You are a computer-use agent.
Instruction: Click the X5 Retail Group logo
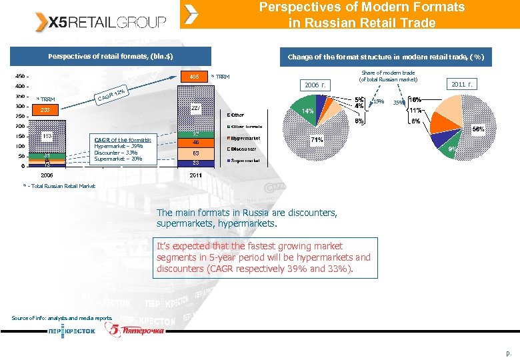[101, 23]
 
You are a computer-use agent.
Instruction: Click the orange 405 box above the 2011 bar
[194, 77]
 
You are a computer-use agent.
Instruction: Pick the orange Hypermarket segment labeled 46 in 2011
[195, 142]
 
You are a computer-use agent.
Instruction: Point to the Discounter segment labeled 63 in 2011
[195, 153]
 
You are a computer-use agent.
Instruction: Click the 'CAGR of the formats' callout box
[123, 149]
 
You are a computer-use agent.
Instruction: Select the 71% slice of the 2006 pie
[316, 140]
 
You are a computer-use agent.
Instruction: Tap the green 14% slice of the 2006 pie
[305, 111]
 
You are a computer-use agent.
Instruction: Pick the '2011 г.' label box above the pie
[462, 84]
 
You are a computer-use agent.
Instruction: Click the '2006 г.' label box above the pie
[314, 85]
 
